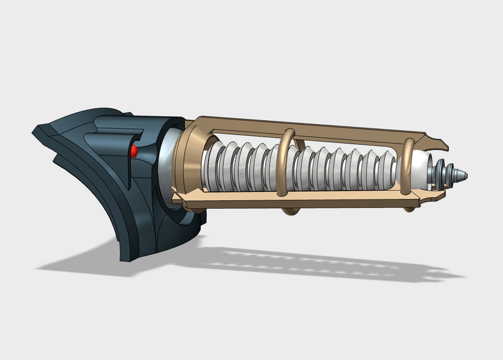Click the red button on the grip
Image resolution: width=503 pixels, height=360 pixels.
[x=134, y=152]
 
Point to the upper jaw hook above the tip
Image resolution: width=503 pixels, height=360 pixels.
[x=438, y=140]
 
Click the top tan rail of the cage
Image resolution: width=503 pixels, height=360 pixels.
[x=314, y=126]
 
